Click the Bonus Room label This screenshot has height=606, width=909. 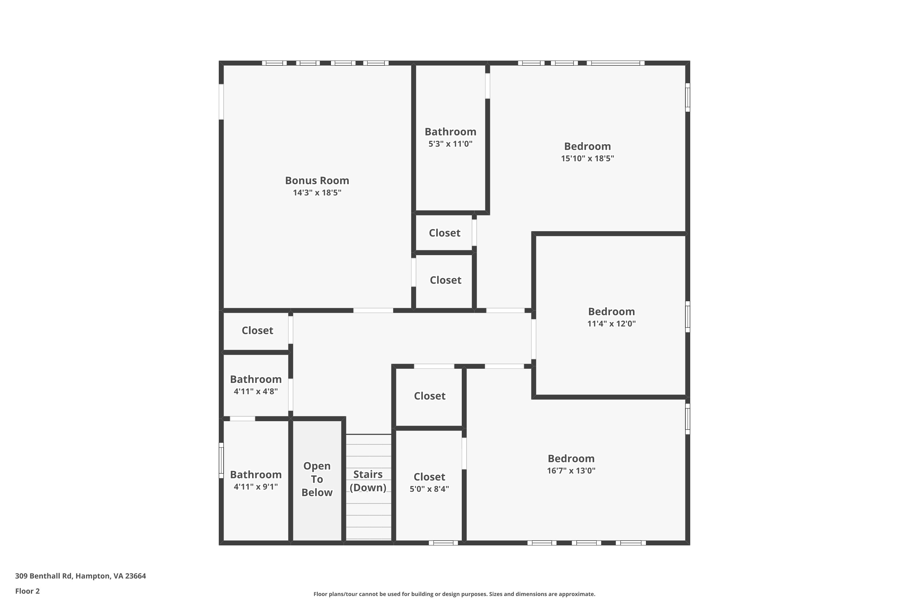pos(317,181)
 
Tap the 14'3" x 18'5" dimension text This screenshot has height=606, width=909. pos(317,192)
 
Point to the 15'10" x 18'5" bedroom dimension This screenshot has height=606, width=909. pos(588,158)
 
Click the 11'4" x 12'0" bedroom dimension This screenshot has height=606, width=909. pos(611,324)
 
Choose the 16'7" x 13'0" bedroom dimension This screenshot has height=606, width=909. pos(571,470)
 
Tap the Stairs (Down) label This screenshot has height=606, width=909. pos(368,481)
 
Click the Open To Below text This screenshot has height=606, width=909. pos(317,479)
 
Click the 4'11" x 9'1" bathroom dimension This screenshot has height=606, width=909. pos(256,487)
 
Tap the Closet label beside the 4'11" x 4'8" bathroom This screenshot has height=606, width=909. pos(257,331)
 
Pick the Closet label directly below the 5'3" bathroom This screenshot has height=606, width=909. pos(445,233)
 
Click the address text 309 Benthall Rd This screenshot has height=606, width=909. pos(43,576)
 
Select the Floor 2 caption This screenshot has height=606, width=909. pos(28,591)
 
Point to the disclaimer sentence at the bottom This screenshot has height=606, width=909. pos(454,594)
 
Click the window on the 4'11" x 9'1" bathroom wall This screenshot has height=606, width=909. pos(221,460)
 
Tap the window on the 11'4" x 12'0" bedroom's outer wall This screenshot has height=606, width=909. pos(688,317)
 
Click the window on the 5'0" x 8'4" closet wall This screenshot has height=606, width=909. pos(443,543)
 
